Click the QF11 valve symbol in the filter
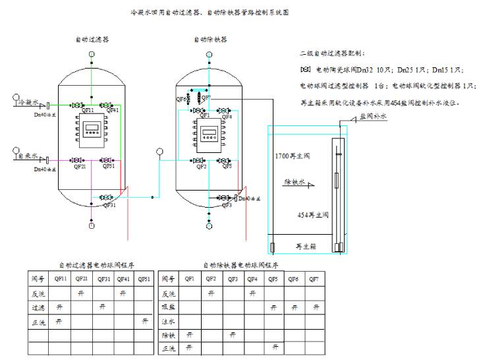coord(78,105)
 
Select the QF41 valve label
coord(113,111)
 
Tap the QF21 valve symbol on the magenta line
coord(78,160)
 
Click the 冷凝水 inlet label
coord(30,103)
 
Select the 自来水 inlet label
coord(30,158)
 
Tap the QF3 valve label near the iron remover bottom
coord(227,206)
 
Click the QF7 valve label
coord(207,98)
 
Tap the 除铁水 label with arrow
coord(295,183)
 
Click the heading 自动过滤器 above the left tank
coord(92,40)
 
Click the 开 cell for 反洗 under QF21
coord(80,293)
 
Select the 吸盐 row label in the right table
coord(169,307)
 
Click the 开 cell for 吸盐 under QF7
coord(317,307)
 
